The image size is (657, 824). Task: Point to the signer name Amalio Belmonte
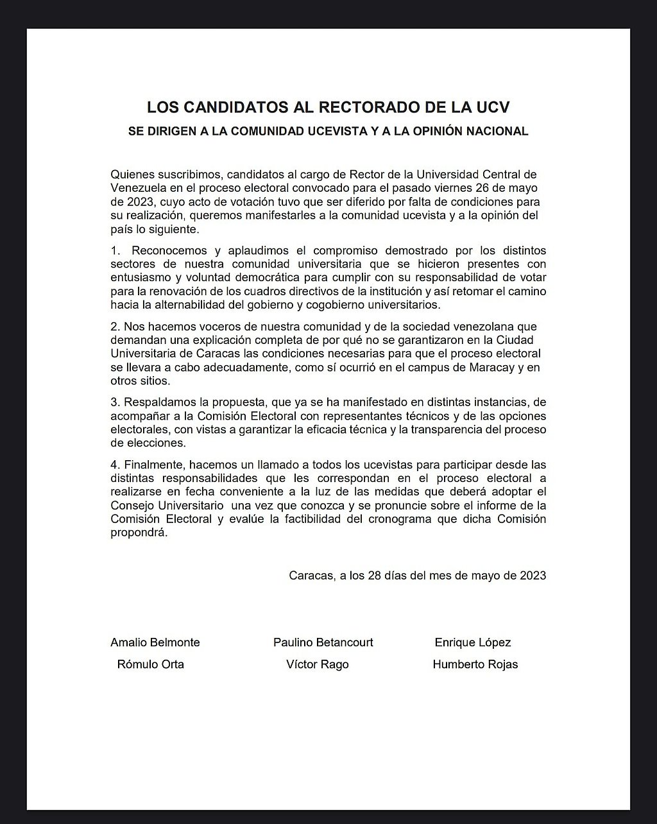[x=155, y=642]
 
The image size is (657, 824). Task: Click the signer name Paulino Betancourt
[x=323, y=642]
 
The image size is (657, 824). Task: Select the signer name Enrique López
[x=473, y=642]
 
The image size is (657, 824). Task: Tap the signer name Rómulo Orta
[x=151, y=665]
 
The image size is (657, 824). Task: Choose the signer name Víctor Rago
[x=318, y=665]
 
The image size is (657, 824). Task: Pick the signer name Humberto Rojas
[x=475, y=665]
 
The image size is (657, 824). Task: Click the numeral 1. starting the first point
[x=115, y=250]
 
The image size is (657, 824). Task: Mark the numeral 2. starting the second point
[x=115, y=327]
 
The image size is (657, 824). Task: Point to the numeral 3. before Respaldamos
[x=115, y=402]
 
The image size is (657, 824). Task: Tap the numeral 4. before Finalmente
[x=115, y=465]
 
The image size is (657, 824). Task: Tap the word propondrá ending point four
[x=139, y=532]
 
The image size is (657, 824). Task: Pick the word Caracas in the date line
[x=310, y=576]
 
